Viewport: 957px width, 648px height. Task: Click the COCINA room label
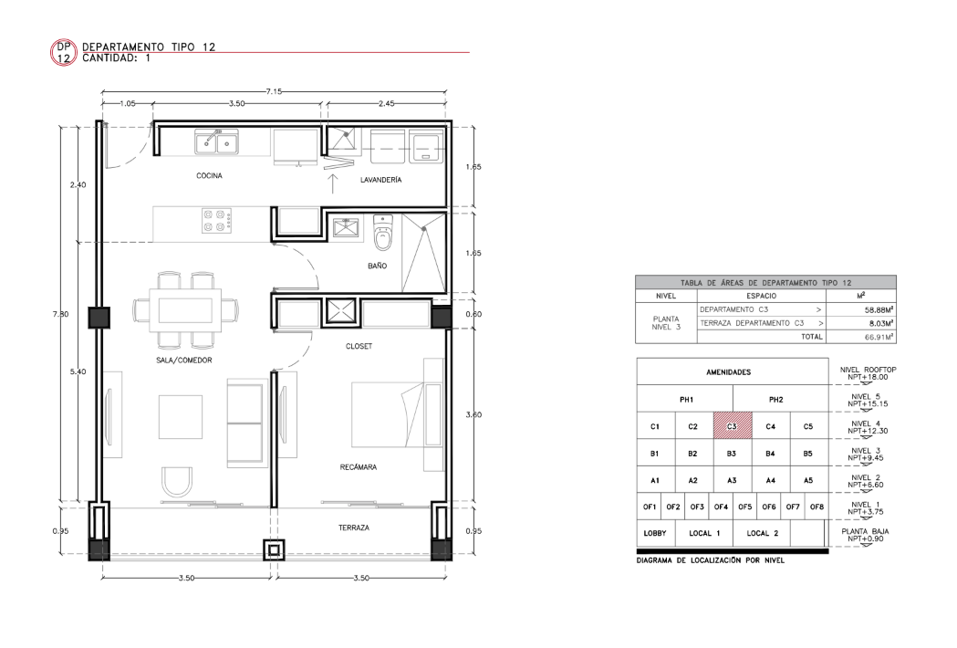[209, 176]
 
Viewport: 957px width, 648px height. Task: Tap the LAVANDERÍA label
[380, 180]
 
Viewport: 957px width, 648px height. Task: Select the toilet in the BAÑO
[382, 233]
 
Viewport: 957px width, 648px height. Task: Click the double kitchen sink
[216, 142]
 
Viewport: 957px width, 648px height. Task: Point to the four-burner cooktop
[217, 221]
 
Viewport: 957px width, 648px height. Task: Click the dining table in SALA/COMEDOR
[186, 310]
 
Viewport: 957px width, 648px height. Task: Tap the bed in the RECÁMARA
[388, 414]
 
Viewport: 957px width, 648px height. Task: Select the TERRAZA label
[354, 528]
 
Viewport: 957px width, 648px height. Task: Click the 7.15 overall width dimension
[274, 91]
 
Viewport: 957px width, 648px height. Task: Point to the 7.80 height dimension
[60, 314]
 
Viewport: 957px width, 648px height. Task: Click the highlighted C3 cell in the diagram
[733, 425]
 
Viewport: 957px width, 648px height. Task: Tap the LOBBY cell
[655, 533]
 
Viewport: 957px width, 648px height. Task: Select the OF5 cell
[744, 507]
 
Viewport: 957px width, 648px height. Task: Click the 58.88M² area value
[879, 309]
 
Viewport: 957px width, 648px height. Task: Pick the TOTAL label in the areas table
[812, 337]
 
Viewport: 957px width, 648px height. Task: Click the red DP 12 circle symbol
[64, 53]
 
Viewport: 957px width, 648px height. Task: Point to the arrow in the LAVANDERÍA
[333, 183]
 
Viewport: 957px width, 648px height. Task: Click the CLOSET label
[359, 346]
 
